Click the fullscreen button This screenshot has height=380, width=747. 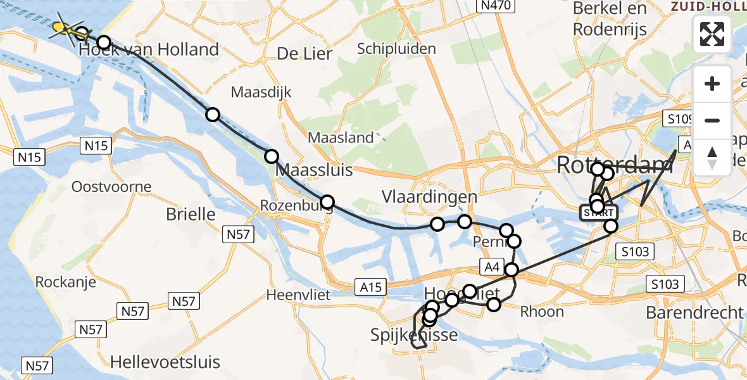click(x=712, y=34)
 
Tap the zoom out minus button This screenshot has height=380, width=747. click(x=712, y=120)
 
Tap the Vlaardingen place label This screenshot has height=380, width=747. click(x=429, y=198)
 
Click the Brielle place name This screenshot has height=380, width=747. click(x=191, y=214)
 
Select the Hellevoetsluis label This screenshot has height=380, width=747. click(x=165, y=362)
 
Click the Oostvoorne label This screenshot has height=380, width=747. click(x=111, y=187)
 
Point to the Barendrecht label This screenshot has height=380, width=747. click(x=694, y=312)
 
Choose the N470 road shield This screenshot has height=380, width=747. click(x=496, y=6)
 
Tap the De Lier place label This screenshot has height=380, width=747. click(x=304, y=54)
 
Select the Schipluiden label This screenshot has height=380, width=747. click(x=396, y=49)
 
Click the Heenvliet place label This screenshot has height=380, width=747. click(x=296, y=295)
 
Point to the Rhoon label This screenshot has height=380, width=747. click(x=541, y=312)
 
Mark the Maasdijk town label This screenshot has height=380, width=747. click(x=261, y=92)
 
